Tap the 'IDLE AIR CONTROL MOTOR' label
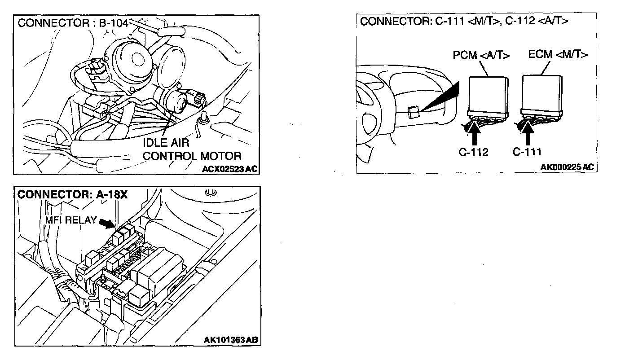point(192,150)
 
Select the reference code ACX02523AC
point(229,169)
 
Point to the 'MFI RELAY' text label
point(71,220)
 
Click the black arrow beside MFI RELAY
point(107,222)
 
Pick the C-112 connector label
point(473,152)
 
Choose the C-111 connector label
point(527,152)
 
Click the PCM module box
point(488,94)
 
